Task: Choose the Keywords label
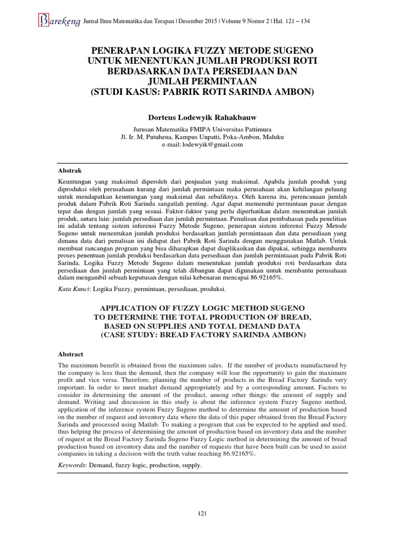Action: click(x=73, y=466)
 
